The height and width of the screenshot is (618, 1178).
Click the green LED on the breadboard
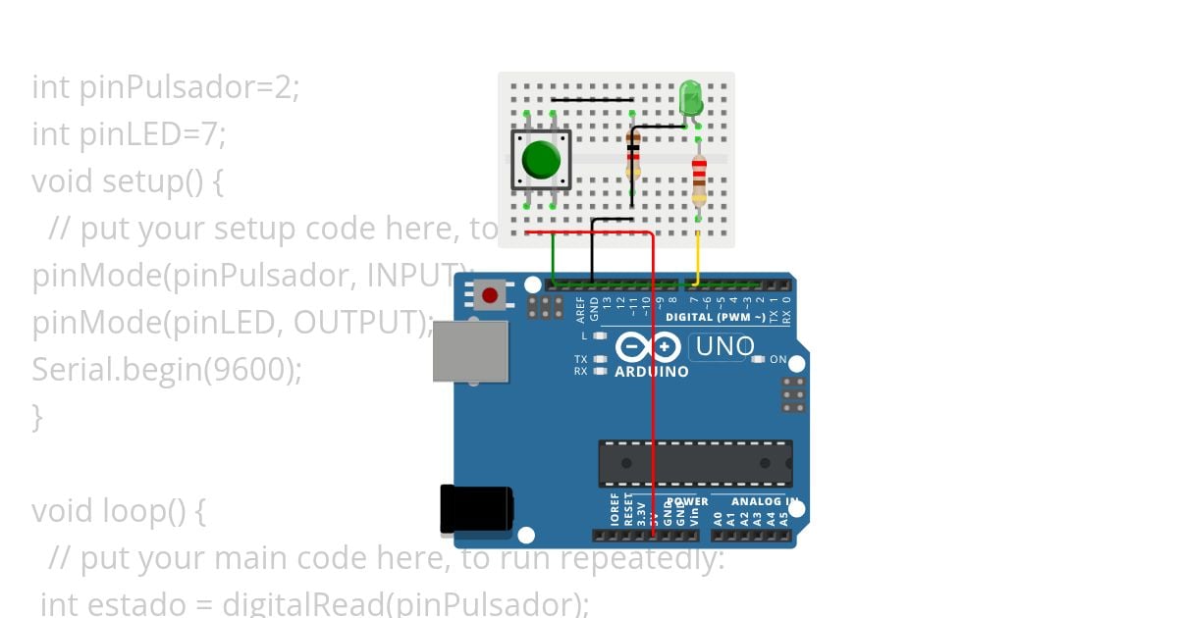pyautogui.click(x=690, y=98)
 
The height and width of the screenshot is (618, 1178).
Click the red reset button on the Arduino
pyautogui.click(x=489, y=293)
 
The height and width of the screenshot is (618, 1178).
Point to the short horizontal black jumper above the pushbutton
pyautogui.click(x=591, y=99)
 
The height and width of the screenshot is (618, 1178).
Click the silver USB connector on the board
pyautogui.click(x=470, y=351)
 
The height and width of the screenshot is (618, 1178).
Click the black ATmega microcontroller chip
pyautogui.click(x=695, y=463)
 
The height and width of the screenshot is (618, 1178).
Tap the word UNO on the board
pyautogui.click(x=724, y=346)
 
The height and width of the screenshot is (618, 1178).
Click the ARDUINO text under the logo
pyautogui.click(x=651, y=373)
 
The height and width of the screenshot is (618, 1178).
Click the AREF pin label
pyautogui.click(x=581, y=309)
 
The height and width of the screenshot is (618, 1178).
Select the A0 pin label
pyautogui.click(x=718, y=518)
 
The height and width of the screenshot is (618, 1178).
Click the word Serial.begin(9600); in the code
pyautogui.click(x=167, y=370)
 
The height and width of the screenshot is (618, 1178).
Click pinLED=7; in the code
pyautogui.click(x=152, y=133)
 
